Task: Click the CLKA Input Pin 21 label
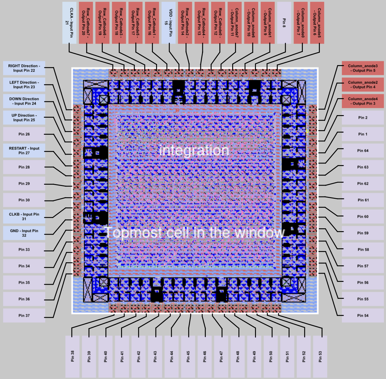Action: [x=69, y=23]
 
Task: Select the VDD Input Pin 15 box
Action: [x=168, y=23]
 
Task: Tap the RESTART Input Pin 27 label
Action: [x=24, y=151]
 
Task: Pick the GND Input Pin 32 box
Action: [x=24, y=233]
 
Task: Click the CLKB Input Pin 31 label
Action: [x=24, y=216]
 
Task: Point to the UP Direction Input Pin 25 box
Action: [x=24, y=118]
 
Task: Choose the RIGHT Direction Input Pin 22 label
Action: [x=24, y=68]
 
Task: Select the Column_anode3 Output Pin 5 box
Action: [x=363, y=68]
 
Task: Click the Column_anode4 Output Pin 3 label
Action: [x=363, y=101]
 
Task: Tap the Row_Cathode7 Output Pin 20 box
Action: [x=86, y=23]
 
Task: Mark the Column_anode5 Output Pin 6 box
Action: [x=317, y=23]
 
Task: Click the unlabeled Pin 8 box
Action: [x=284, y=23]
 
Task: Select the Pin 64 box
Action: [x=363, y=151]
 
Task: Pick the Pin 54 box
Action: [x=363, y=316]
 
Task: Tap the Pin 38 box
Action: [x=73, y=356]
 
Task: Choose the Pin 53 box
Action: [x=320, y=356]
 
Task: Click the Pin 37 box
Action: [x=24, y=316]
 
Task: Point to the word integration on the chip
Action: [x=194, y=150]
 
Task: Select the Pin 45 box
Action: [x=188, y=356]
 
